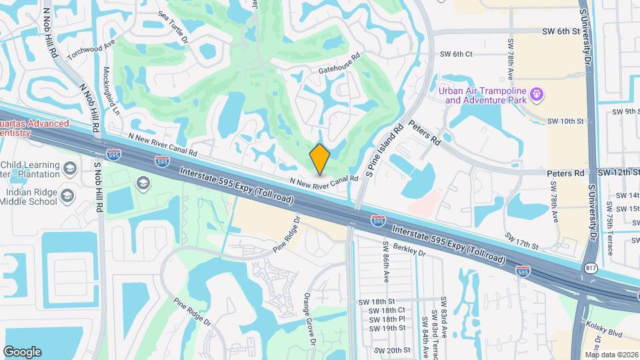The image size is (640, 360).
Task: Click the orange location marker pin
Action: (320, 159)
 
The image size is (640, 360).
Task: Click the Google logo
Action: (22, 352)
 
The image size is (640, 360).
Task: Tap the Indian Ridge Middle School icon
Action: (67, 196)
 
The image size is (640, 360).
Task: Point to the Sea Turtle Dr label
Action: (173, 23)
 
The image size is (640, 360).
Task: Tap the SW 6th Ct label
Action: (456, 54)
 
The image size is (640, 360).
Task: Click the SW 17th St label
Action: (521, 241)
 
